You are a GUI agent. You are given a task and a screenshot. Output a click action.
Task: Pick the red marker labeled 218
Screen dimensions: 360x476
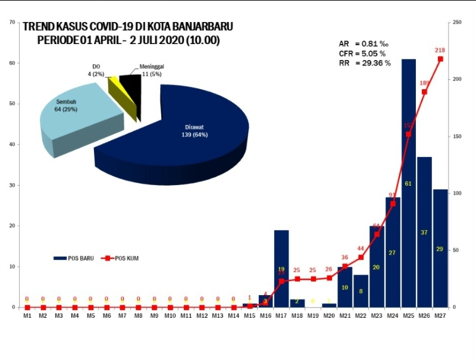[440, 59]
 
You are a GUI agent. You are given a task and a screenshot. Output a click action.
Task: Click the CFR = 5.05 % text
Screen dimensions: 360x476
[364, 54]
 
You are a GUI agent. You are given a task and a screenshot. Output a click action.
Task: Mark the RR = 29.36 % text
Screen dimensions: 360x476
[364, 63]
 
